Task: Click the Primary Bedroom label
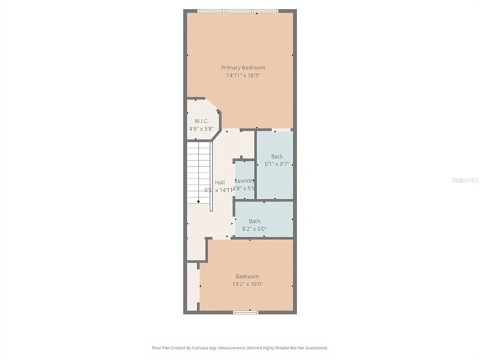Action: [243, 68]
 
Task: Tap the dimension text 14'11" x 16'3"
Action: [243, 75]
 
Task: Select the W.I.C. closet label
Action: [202, 121]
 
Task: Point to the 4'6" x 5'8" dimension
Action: [201, 129]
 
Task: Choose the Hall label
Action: [219, 182]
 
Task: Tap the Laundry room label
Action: [245, 181]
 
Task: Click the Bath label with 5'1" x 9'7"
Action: [276, 156]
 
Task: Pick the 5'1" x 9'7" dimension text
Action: [276, 164]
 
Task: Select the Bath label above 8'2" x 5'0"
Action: [254, 221]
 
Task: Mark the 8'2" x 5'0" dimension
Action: [254, 229]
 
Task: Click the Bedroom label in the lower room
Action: [247, 277]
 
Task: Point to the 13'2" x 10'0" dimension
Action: [247, 284]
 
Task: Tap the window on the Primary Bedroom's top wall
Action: [238, 10]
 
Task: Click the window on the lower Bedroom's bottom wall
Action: [245, 312]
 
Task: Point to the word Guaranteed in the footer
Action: [314, 347]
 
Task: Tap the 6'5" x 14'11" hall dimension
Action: [219, 190]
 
